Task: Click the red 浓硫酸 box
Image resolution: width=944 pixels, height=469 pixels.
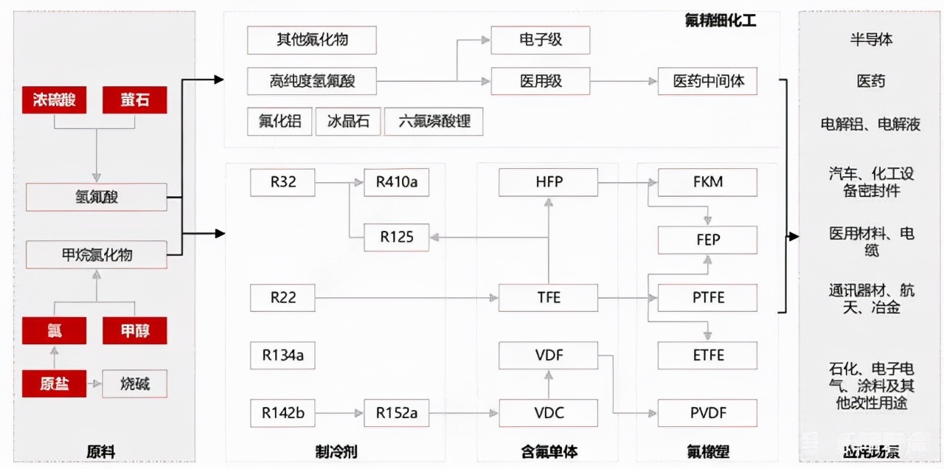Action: pos(55,100)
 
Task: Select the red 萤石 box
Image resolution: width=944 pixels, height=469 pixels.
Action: pos(134,100)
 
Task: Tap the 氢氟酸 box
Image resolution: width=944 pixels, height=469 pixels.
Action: pos(96,197)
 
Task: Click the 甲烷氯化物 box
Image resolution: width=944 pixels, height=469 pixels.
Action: pos(96,255)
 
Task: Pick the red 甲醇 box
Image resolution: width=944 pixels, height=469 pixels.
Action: pos(134,331)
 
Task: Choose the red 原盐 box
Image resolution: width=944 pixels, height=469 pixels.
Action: pos(55,383)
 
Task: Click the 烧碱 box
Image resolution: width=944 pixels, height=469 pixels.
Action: pos(134,383)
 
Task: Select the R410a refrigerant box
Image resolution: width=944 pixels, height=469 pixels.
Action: pos(396,182)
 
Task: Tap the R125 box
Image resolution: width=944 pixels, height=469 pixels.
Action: pos(396,237)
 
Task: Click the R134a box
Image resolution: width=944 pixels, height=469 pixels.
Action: pos(282,355)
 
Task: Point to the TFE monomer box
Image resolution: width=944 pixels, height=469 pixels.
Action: pos(548,298)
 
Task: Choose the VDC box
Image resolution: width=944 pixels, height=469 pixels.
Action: pos(548,413)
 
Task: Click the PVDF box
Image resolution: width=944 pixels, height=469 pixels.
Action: pos(707,413)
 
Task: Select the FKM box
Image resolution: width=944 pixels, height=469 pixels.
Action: pos(707,182)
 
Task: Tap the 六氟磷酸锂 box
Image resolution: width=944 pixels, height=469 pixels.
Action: pos(434,122)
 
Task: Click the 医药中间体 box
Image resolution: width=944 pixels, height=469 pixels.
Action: pos(708,81)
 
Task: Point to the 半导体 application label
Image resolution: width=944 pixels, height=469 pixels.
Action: pos(871,40)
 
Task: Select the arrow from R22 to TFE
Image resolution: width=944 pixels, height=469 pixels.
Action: pos(406,298)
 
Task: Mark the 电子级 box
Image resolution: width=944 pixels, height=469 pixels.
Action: pos(540,40)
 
